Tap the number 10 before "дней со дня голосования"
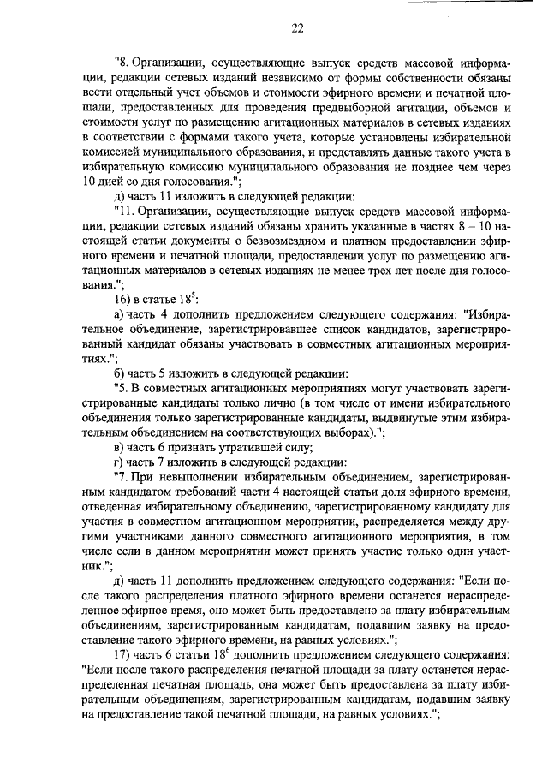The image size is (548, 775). click(91, 182)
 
